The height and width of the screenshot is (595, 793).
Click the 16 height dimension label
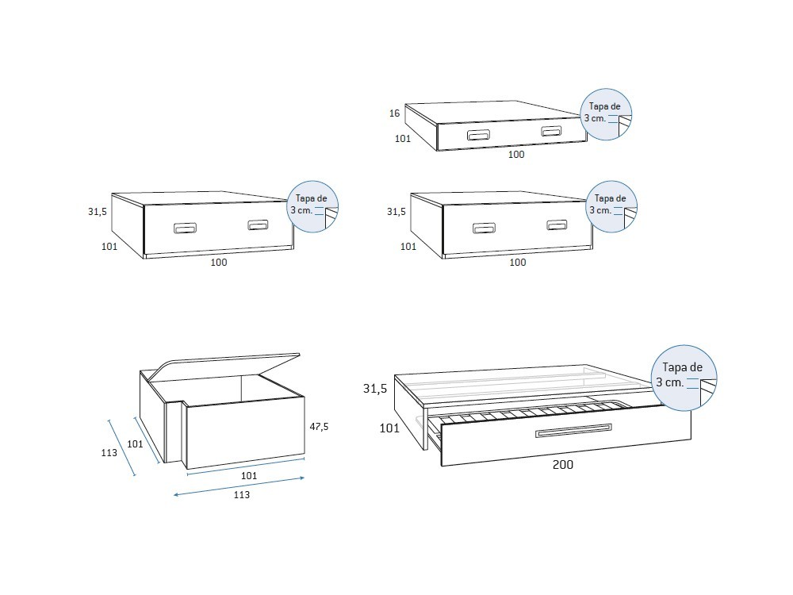click(x=394, y=113)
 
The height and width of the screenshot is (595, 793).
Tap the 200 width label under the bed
click(x=562, y=465)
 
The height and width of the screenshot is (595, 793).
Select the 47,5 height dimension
click(x=319, y=427)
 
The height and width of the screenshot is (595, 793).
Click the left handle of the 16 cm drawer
click(x=478, y=135)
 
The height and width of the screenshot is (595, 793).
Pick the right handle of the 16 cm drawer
click(x=550, y=131)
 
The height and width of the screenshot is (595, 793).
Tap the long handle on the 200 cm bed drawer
click(x=573, y=430)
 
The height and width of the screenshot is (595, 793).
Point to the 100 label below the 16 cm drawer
click(x=516, y=155)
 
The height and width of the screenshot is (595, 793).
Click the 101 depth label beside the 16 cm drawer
click(x=403, y=139)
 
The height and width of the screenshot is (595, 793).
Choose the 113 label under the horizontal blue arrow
click(x=242, y=495)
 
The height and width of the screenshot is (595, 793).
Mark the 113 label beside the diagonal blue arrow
click(x=109, y=453)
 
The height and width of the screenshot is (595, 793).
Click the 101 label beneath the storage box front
click(x=248, y=476)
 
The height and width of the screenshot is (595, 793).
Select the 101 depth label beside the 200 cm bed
click(x=389, y=428)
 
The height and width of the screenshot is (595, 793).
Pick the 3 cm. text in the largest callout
click(x=669, y=383)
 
